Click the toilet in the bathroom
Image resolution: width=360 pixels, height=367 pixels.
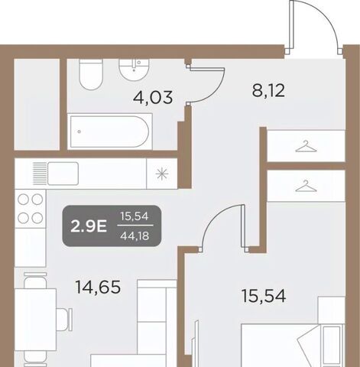pyautogui.click(x=91, y=74)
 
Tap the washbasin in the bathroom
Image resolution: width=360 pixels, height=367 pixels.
pyautogui.click(x=134, y=70)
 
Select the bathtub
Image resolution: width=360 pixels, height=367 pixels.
pyautogui.click(x=109, y=132)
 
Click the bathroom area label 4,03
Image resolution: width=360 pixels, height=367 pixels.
pyautogui.click(x=153, y=97)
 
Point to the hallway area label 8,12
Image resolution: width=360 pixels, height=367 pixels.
pyautogui.click(x=268, y=90)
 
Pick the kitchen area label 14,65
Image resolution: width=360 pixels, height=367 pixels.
pyautogui.click(x=98, y=287)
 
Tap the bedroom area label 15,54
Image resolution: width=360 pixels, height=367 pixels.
pyautogui.click(x=264, y=296)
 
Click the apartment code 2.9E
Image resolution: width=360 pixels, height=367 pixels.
pyautogui.click(x=89, y=226)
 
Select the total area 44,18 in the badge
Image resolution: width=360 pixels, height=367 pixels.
pyautogui.click(x=135, y=236)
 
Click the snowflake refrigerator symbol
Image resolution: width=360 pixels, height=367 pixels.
pyautogui.click(x=162, y=174)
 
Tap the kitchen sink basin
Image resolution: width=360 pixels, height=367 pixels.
pyautogui.click(x=63, y=174)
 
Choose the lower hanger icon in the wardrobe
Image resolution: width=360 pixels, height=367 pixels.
pyautogui.click(x=306, y=186)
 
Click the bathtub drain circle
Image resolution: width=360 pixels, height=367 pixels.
pyautogui.click(x=79, y=132)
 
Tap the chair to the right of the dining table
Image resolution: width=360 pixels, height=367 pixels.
pyautogui.click(x=64, y=320)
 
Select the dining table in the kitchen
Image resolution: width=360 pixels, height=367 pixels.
pyautogui.click(x=35, y=320)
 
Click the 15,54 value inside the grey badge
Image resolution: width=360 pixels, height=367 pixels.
pyautogui.click(x=135, y=216)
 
